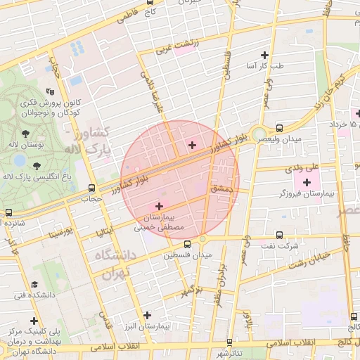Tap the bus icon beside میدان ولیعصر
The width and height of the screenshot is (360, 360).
[281, 128]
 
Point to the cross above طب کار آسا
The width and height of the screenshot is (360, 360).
[265, 55]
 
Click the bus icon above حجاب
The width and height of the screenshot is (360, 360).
[91, 188]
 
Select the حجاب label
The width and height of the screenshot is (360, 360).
[91, 199]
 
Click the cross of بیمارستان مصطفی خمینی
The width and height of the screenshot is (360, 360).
[160, 207]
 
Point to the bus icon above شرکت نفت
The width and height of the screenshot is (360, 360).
[281, 235]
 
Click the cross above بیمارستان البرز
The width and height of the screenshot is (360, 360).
[146, 316]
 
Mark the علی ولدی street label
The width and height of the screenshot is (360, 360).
[302, 168]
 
